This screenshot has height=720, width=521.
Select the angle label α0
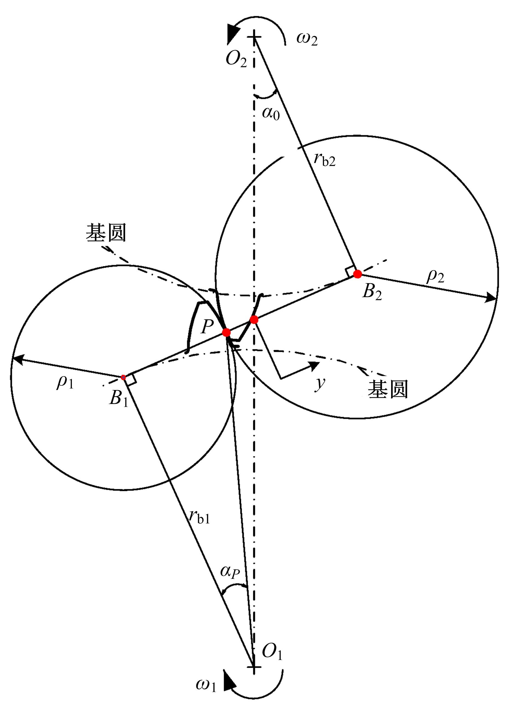point(271,113)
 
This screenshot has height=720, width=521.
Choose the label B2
point(372,292)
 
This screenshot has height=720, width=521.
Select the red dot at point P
point(226,332)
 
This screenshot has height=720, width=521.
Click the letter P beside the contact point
point(207,327)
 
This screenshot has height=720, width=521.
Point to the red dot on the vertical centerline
point(254,320)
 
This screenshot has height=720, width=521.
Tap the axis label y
point(320,384)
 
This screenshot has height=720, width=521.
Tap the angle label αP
point(230,572)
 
